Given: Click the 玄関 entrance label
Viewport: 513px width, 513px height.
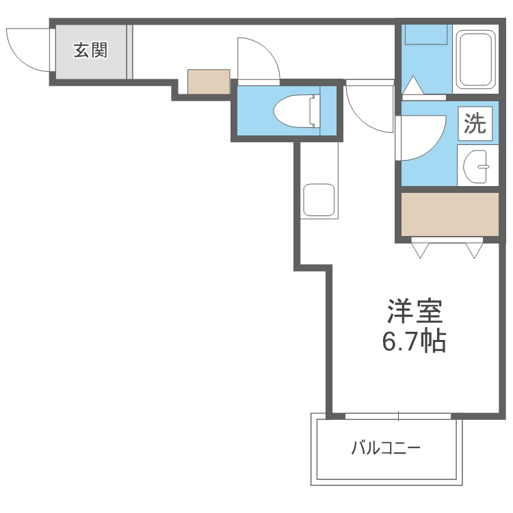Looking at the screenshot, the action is pos(90,51).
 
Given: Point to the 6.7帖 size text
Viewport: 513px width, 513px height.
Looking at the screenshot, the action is pos(415,341).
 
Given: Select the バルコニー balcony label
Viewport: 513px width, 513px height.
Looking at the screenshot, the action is pos(386,448).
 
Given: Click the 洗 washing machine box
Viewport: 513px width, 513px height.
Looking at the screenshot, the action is pos(475,124).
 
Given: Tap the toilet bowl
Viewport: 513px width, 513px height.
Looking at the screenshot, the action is pos(296,111).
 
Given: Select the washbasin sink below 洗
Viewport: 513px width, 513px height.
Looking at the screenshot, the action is pos(475,166).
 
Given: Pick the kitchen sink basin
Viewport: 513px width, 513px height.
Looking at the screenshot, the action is pos(319,200).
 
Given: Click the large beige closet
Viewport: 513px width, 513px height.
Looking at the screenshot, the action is pos(450,214).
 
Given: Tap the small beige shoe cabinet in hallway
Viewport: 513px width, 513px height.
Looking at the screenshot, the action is pos(209,81).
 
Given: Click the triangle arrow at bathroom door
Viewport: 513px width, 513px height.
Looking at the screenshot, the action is pos(413,85).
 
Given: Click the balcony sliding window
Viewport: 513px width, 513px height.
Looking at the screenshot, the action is pos(398,416).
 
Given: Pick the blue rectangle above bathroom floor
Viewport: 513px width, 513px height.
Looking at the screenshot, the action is pos(426,34).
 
